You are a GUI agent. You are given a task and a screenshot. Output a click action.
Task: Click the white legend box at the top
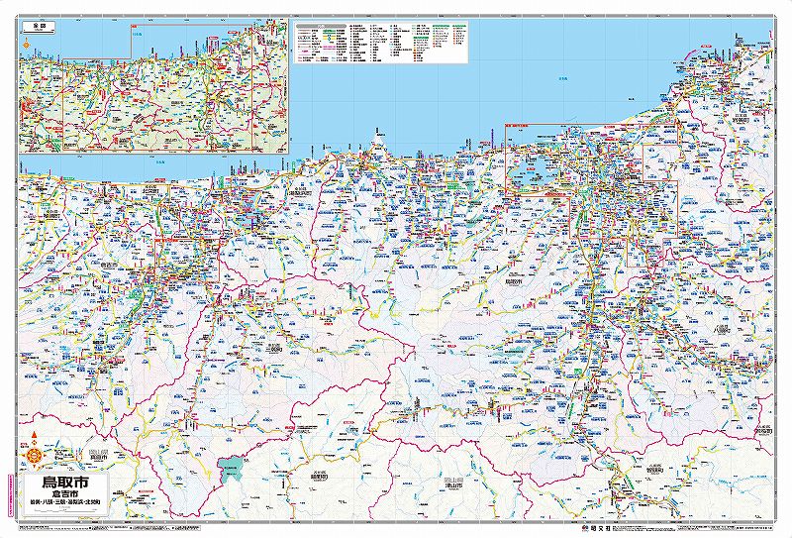pyautogui.click(x=376, y=40)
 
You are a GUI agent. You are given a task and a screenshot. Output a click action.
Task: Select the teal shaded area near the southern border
pyautogui.click(x=235, y=469)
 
